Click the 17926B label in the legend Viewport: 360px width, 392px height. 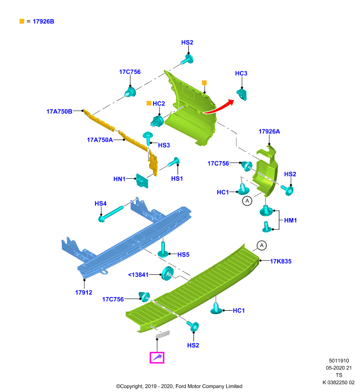[43, 22]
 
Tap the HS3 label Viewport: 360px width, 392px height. [164, 145]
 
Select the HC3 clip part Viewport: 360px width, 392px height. [242, 94]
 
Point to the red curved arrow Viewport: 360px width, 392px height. [219, 107]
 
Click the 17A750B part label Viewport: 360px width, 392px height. [59, 112]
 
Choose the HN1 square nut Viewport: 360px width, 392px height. [142, 181]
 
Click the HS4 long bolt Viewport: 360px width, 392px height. [111, 214]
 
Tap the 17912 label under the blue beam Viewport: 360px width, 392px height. [83, 293]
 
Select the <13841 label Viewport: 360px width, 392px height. [138, 275]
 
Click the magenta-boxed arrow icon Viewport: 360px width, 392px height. [157, 358]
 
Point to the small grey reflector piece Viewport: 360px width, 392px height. [163, 334]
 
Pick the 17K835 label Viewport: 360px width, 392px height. [281, 261]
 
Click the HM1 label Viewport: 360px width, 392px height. [290, 220]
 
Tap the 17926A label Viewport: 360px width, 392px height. [269, 131]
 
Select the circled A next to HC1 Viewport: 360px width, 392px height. [247, 201]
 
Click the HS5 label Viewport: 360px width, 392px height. [183, 255]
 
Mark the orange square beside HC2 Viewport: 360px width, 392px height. [149, 103]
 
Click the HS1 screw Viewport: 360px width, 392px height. [173, 162]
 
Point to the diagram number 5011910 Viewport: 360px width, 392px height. [339, 361]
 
